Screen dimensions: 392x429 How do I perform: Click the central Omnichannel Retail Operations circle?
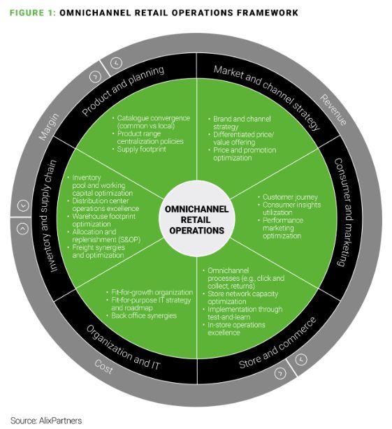(x=196, y=219)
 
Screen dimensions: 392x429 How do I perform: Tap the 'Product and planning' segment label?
(x=123, y=91)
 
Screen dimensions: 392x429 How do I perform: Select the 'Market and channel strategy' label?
(x=267, y=97)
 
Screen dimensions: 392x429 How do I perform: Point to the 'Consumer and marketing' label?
(x=344, y=212)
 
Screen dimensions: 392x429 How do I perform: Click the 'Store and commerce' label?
(x=277, y=343)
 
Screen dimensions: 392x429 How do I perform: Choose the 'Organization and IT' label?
(x=123, y=347)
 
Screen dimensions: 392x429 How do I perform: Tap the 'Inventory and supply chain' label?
(x=49, y=216)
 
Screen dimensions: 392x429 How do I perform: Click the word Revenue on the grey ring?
(x=333, y=110)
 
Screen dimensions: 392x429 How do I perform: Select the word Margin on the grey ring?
(x=49, y=127)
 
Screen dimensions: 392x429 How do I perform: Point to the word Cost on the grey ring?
(x=103, y=367)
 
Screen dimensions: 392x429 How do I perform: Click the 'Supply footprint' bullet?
(x=140, y=150)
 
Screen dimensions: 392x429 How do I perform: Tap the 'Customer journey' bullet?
(x=288, y=197)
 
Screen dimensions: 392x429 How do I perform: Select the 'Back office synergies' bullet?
(x=142, y=316)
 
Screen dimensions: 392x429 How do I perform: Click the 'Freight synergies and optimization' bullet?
(x=96, y=252)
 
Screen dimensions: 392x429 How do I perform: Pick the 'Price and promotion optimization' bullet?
(x=242, y=154)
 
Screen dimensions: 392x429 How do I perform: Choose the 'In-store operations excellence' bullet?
(x=234, y=328)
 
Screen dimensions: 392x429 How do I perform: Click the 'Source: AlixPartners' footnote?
(x=46, y=420)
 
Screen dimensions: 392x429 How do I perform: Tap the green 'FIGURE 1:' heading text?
(x=33, y=13)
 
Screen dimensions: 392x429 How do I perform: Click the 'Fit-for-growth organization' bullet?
(x=150, y=293)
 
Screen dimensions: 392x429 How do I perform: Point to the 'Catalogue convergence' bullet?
(x=151, y=122)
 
